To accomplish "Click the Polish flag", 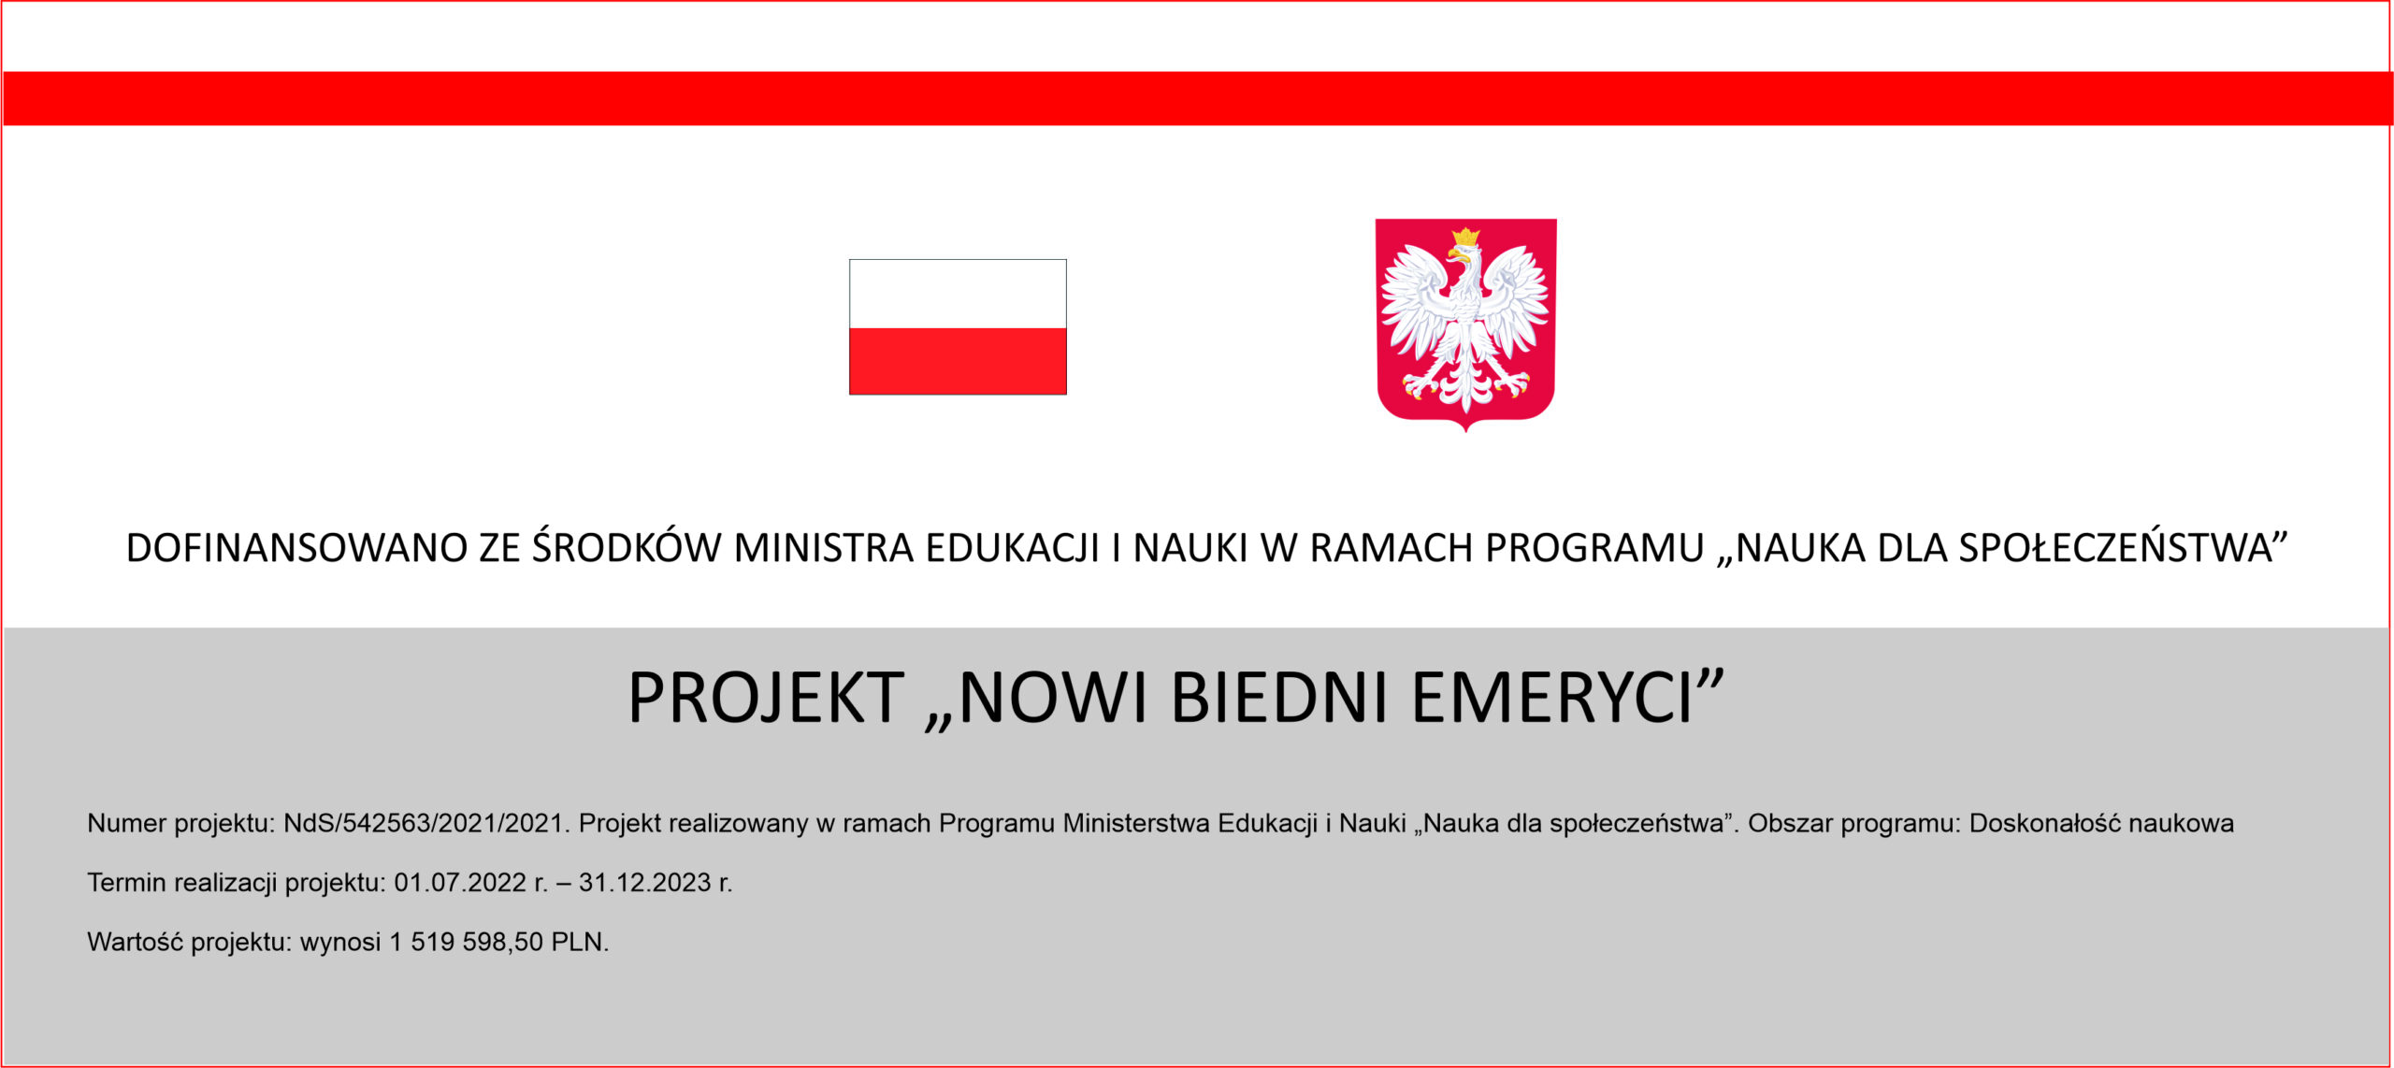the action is point(958,326).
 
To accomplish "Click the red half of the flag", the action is point(958,361).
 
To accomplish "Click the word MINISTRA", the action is point(823,548).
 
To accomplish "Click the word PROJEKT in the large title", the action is point(766,698).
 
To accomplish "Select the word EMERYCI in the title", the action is point(1552,698).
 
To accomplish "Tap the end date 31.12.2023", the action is point(645,882).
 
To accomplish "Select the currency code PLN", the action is point(577,941).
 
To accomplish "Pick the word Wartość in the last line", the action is point(135,941).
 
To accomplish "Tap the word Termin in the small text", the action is point(127,882).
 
